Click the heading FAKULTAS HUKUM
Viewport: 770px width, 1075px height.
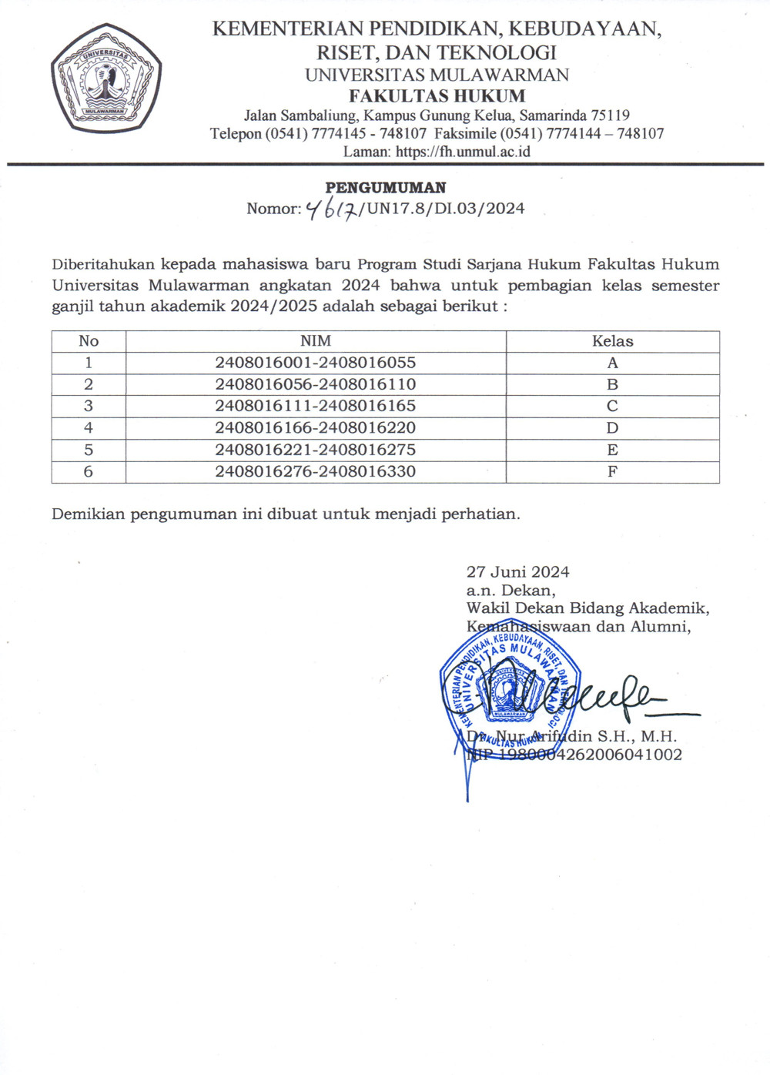pos(437,96)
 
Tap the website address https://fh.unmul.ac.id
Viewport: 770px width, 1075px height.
pos(463,152)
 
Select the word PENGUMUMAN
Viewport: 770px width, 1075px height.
pos(386,188)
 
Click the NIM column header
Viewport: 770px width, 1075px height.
pos(316,341)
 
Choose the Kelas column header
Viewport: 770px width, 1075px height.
pos(612,341)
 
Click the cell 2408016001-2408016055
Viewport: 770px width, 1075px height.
pos(316,363)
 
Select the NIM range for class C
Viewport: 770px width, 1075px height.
pos(316,406)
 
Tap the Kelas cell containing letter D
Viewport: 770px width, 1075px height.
pos(612,428)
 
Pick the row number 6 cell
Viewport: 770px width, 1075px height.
pos(89,471)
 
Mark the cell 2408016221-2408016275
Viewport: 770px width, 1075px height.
pos(316,450)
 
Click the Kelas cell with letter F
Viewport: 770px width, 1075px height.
pos(612,471)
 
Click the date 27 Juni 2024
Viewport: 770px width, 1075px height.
pos(517,572)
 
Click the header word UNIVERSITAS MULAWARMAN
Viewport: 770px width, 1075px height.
pos(437,75)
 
